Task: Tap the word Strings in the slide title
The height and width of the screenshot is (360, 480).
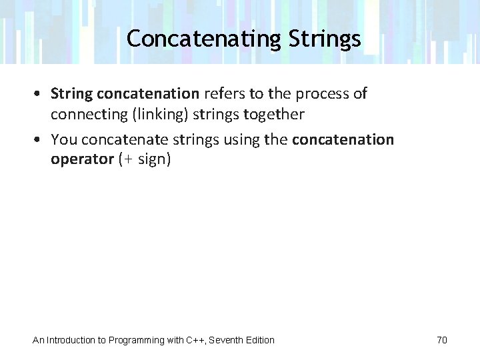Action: (x=325, y=39)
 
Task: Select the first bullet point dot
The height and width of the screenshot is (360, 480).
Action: (x=41, y=94)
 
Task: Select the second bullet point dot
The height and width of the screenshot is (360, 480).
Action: (x=41, y=140)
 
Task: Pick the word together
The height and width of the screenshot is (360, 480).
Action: (x=274, y=114)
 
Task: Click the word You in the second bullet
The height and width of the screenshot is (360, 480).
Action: (x=64, y=140)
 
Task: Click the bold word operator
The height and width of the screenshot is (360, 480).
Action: (x=82, y=160)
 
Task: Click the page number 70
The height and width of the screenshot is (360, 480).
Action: (x=442, y=340)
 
